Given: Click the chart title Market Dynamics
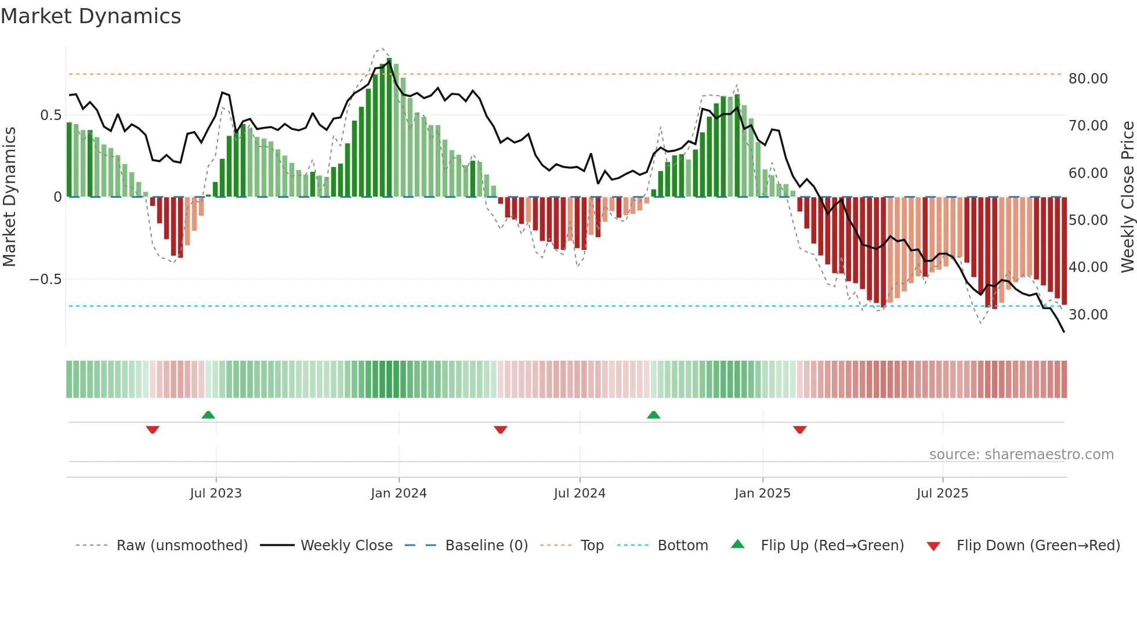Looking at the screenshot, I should pos(90,16).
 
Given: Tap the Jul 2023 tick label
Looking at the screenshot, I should pos(216,493).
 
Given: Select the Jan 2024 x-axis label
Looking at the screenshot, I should pos(399,493).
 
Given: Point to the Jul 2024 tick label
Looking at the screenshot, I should pos(580,493).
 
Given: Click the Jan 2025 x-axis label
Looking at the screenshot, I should pos(762,493).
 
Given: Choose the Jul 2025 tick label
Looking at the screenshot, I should pos(943,493).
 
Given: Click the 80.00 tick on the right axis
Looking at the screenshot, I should pos(1088,78).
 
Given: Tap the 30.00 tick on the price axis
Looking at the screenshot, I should pos(1088,314).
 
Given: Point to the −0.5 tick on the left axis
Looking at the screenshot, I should pos(45,279).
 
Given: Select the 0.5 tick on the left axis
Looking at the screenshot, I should pos(50,115).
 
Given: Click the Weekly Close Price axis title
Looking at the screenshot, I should pos(1127,197).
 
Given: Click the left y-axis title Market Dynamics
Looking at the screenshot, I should pos(9,197).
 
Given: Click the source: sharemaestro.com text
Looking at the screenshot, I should pos(1021,455).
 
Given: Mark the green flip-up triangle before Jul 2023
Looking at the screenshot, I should pos(208,415).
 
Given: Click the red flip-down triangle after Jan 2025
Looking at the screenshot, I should pos(799,430).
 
